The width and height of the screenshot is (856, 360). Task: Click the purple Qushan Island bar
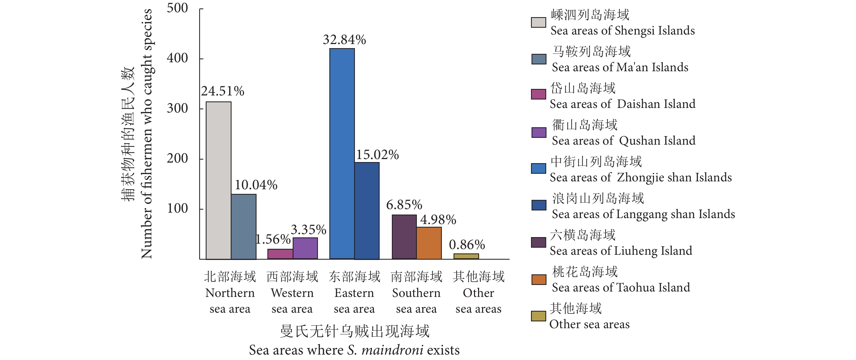coord(305,248)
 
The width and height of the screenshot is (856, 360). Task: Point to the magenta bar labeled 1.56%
coord(280,254)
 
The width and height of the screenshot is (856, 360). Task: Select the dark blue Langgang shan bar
coord(367,211)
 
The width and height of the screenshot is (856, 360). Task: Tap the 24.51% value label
coord(222,91)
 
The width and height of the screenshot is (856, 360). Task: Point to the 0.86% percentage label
coord(467,245)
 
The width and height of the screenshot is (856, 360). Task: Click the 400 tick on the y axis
coord(177,58)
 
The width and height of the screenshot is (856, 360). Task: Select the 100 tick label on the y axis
coord(177,209)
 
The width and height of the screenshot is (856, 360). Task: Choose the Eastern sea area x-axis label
coord(354,293)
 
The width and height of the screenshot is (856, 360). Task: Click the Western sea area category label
coord(292,293)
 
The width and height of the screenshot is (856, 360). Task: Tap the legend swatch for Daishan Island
coord(538,94)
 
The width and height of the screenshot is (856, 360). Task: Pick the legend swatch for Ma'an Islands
coord(538,59)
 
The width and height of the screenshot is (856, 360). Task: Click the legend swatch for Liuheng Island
coord(538,243)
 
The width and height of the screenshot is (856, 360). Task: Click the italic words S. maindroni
coord(385,350)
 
